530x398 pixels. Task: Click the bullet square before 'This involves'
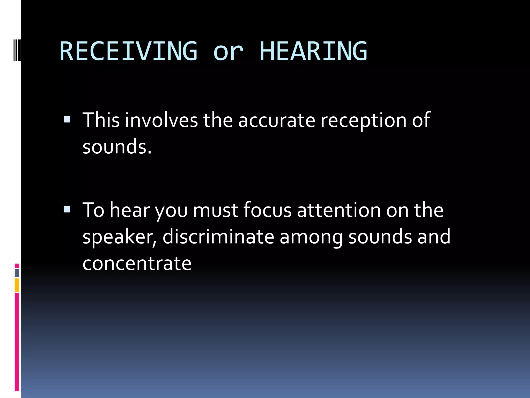pos(67,119)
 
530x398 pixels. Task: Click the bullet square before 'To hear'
pos(67,209)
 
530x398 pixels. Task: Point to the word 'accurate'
pos(276,120)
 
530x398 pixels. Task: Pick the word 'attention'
pos(339,210)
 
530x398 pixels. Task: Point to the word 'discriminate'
pos(218,237)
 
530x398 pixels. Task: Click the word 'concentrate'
pos(137,263)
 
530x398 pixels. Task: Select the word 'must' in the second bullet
pos(216,210)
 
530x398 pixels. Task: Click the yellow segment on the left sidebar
pos(17,285)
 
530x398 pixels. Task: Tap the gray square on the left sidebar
pos(17,273)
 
